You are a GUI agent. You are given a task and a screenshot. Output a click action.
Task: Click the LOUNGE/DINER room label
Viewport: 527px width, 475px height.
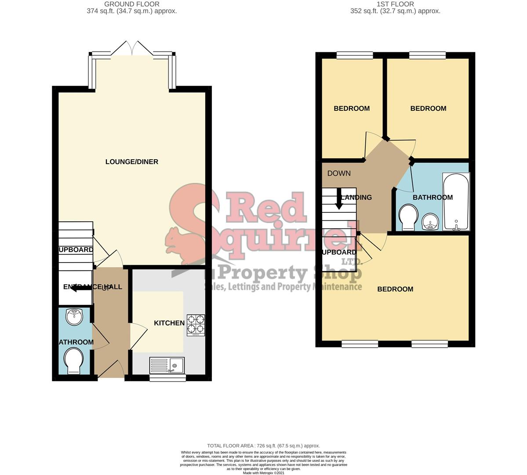pyautogui.click(x=131, y=162)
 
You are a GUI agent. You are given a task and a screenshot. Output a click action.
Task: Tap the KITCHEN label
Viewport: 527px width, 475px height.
pyautogui.click(x=169, y=323)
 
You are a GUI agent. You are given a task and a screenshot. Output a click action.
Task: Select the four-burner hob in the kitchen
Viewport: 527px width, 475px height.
pyautogui.click(x=196, y=325)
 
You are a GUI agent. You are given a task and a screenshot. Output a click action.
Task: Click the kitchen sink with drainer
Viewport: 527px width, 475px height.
pyautogui.click(x=168, y=365)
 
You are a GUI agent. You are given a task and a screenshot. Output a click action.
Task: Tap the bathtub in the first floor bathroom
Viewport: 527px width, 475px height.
pyautogui.click(x=456, y=202)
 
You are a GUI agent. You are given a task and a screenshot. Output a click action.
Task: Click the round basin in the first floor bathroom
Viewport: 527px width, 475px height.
pyautogui.click(x=430, y=222)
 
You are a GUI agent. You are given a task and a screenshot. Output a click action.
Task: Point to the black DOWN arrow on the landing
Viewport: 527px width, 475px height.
pyautogui.click(x=339, y=199)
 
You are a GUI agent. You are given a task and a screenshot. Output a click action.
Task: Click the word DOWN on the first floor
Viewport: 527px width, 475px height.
pyautogui.click(x=339, y=173)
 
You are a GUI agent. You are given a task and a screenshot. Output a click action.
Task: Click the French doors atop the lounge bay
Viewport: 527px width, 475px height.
pyautogui.click(x=132, y=48)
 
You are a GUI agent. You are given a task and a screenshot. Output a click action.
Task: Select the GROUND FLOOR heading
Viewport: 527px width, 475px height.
pyautogui.click(x=132, y=4)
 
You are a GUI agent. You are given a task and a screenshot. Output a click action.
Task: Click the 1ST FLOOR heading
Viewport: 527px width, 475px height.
pyautogui.click(x=395, y=4)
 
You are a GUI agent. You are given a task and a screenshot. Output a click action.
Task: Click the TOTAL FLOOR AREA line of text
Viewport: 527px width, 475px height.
pyautogui.click(x=263, y=446)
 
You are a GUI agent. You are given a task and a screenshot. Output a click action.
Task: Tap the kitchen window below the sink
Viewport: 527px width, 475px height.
pyautogui.click(x=167, y=377)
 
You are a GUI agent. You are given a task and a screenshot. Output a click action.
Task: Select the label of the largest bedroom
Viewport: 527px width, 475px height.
pyautogui.click(x=395, y=289)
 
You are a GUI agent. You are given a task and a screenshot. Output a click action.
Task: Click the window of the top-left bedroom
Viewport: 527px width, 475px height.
pyautogui.click(x=354, y=55)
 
